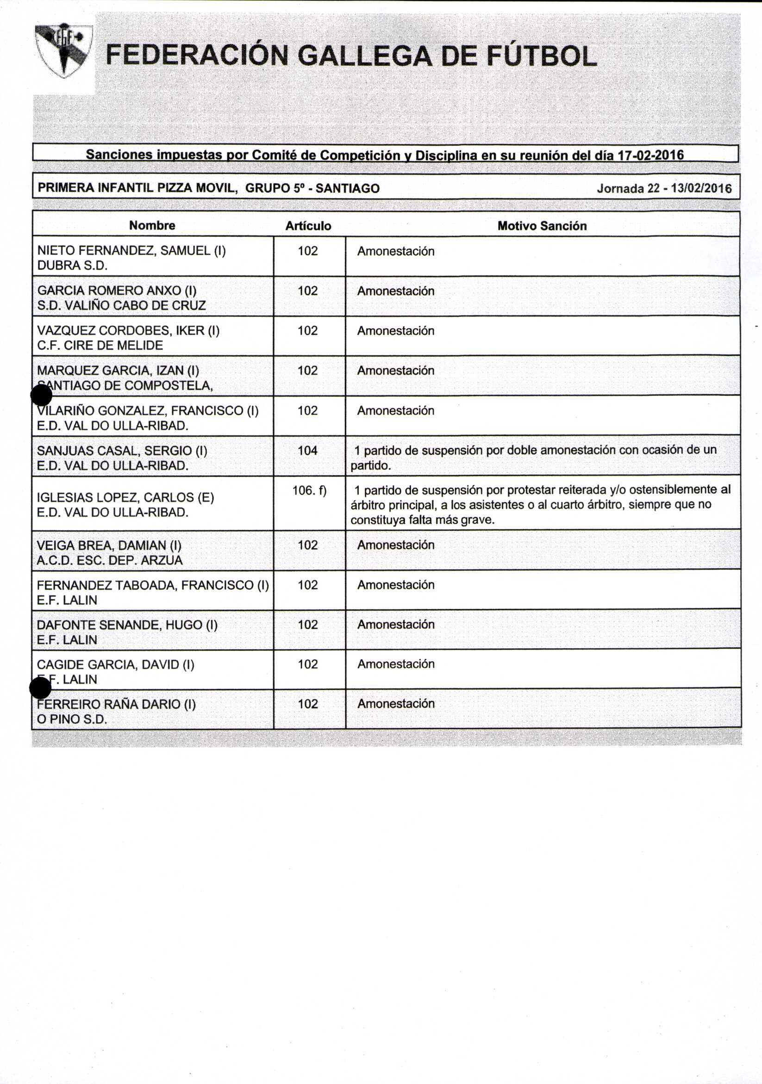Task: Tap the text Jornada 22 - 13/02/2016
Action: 664,189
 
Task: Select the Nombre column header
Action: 152,226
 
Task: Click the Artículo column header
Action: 308,226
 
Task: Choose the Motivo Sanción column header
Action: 542,226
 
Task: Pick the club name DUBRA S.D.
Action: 72,266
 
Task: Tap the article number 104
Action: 307,451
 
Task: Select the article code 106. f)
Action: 309,490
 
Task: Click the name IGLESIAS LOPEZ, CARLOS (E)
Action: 125,498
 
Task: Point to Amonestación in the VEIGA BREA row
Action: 395,545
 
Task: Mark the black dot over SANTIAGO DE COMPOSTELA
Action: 41,395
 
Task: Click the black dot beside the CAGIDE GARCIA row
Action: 40,688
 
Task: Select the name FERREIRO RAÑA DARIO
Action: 116,705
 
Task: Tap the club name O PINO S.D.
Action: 72,719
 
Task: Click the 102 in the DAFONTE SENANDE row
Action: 307,625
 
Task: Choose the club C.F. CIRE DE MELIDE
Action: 100,346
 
